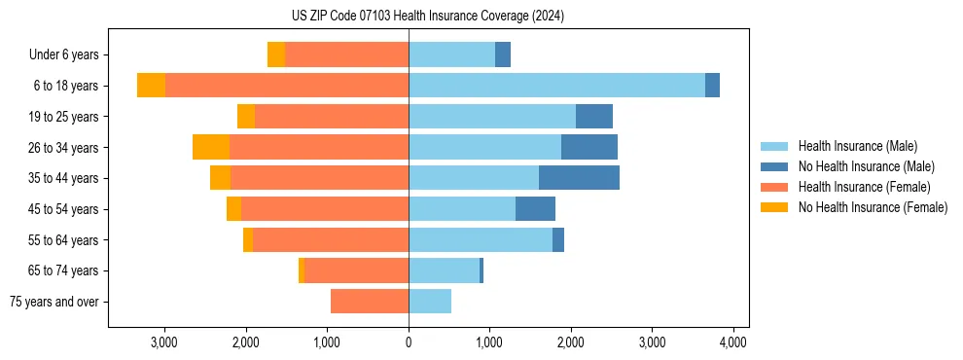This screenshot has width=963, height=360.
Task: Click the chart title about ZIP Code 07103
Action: tap(428, 17)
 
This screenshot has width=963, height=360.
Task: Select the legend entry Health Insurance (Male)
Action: tap(857, 146)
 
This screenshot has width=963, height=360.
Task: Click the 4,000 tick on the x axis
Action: tap(732, 342)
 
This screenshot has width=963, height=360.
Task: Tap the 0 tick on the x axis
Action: tap(409, 342)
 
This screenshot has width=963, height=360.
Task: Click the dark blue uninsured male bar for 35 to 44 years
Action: tap(579, 178)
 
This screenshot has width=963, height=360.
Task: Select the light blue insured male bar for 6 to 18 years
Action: tap(556, 86)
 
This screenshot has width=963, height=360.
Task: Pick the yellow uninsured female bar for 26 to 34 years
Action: tap(211, 147)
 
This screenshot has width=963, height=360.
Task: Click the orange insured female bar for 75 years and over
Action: tap(370, 302)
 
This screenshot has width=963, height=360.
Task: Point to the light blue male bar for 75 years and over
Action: tap(430, 302)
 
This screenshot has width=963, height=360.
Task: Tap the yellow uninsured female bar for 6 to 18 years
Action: tap(151, 86)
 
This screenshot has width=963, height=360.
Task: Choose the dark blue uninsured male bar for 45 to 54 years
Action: tap(535, 208)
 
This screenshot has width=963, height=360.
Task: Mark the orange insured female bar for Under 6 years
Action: tap(346, 55)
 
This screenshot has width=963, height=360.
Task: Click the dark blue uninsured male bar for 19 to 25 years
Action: tap(593, 117)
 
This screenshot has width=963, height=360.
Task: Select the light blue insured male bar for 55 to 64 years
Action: tap(481, 239)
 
